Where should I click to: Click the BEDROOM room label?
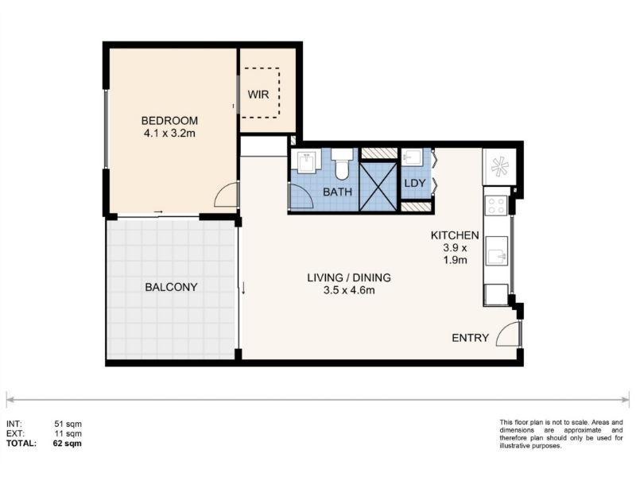coord(169,121)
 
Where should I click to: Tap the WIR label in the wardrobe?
coord(258,95)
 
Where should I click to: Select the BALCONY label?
coord(171,287)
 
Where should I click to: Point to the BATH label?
coord(337,192)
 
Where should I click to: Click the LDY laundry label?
coord(414,184)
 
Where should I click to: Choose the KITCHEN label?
coord(455,235)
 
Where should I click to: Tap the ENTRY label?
coord(470,338)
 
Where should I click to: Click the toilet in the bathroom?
coord(343,164)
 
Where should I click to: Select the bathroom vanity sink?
coord(309,161)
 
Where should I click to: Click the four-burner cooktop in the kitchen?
coord(497,205)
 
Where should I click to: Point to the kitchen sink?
coord(497,250)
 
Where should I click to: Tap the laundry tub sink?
coord(412,157)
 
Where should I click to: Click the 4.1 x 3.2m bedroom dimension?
coord(169,133)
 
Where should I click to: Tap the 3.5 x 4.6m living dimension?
coord(349,290)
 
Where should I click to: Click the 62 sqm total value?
coord(68,444)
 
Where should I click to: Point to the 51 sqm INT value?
coord(68,424)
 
